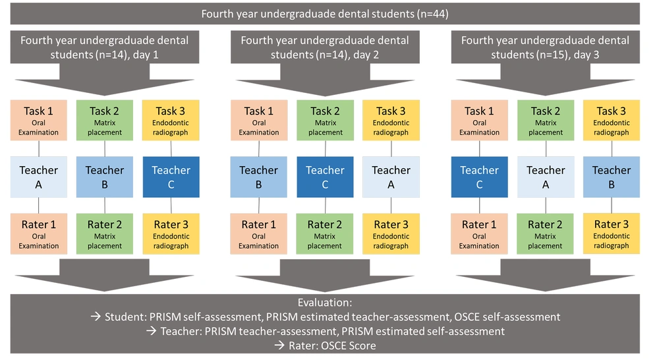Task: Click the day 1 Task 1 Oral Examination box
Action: pyautogui.click(x=39, y=120)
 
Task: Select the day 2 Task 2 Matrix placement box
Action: pyautogui.click(x=326, y=120)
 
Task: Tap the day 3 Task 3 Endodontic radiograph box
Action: pyautogui.click(x=612, y=120)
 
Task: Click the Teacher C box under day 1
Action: pyautogui.click(x=171, y=177)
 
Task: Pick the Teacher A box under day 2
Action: pyautogui.click(x=391, y=177)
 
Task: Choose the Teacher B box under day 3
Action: pyautogui.click(x=612, y=177)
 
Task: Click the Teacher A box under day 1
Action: pyautogui.click(x=39, y=177)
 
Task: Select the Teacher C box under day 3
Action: pyautogui.click(x=480, y=177)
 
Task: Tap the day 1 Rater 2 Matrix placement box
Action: pyautogui.click(x=105, y=234)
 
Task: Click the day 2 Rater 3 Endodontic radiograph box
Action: pyautogui.click(x=391, y=234)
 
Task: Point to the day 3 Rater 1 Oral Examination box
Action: pyautogui.click(x=480, y=234)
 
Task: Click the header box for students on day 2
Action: pyautogui.click(x=325, y=47)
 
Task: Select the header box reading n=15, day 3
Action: pyautogui.click(x=546, y=47)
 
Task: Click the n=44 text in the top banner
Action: pyautogui.click(x=432, y=14)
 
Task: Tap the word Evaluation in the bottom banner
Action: pyautogui.click(x=324, y=303)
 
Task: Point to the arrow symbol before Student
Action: pyautogui.click(x=96, y=316)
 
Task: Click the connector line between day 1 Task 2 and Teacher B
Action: pyautogui.click(x=105, y=148)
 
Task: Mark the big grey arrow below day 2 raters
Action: pyautogui.click(x=325, y=275)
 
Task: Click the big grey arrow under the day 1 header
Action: pyautogui.click(x=105, y=80)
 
